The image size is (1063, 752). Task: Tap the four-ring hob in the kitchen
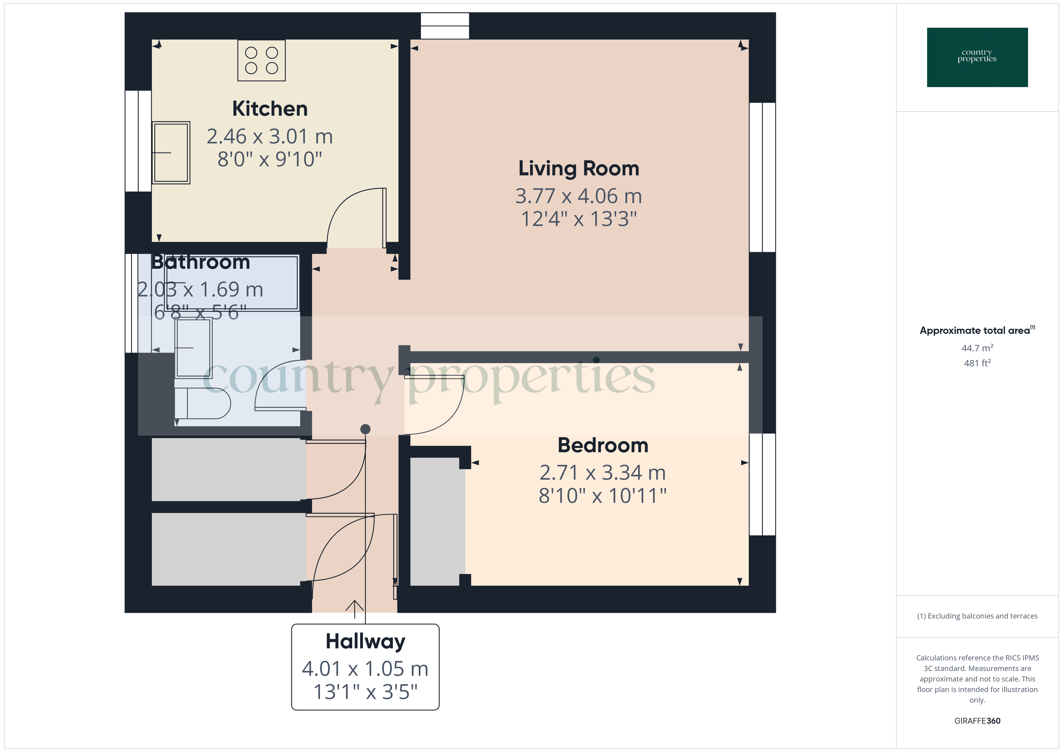(261, 61)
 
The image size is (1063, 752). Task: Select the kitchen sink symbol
(171, 152)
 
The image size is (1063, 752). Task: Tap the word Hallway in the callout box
(365, 642)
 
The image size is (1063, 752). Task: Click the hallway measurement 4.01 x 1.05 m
(365, 669)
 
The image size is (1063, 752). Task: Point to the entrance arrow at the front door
(355, 609)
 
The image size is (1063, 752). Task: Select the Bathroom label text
(200, 262)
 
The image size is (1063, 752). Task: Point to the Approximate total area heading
(976, 330)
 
